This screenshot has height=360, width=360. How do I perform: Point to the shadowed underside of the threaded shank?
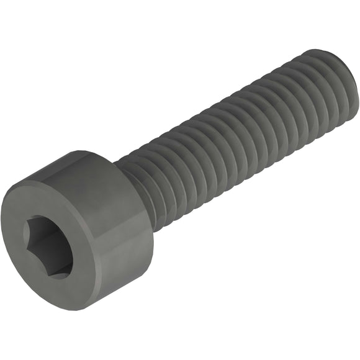(248, 161)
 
